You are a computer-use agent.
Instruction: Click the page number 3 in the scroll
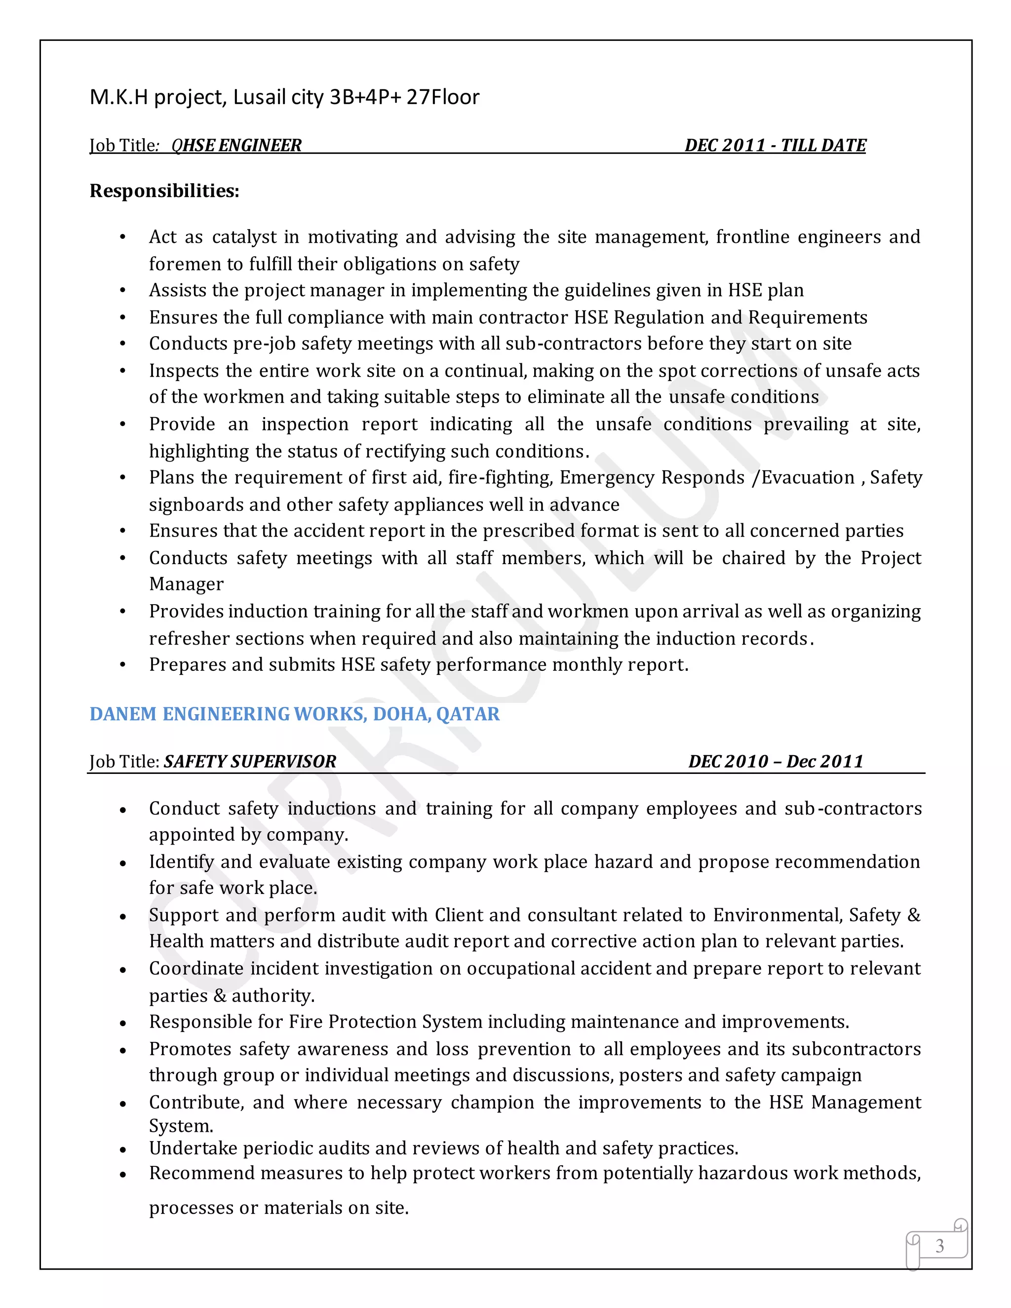coord(939,1246)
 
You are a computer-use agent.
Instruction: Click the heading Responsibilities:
coord(164,191)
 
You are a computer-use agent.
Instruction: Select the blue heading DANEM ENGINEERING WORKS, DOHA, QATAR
coord(294,714)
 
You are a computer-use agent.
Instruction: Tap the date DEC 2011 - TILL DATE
coord(775,146)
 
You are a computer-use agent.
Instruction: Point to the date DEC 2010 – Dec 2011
coord(776,761)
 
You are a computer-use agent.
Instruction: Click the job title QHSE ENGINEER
coord(236,146)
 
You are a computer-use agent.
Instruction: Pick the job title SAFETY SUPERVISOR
coord(250,761)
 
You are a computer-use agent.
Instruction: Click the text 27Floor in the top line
coord(443,97)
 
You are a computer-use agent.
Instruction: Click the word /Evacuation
coord(803,477)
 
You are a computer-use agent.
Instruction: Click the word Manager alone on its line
coord(186,584)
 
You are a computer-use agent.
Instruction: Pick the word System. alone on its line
coord(181,1126)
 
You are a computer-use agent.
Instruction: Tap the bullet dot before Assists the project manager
coord(123,291)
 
